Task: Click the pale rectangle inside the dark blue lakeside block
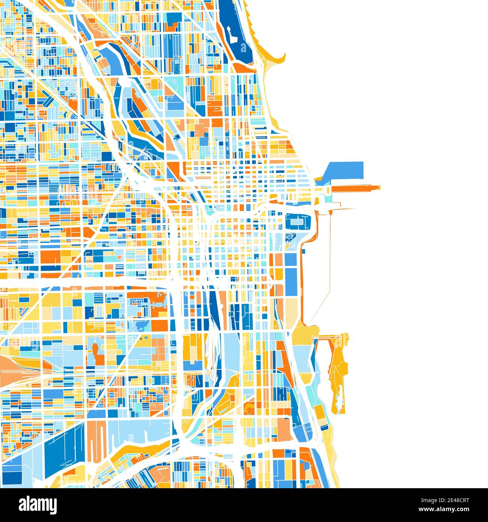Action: (298, 223)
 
